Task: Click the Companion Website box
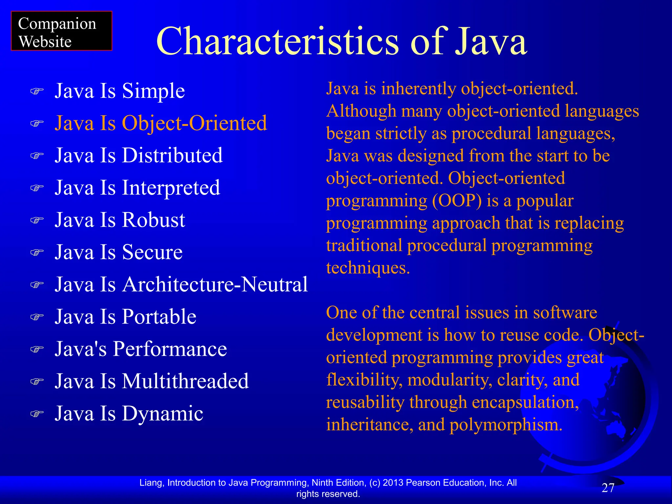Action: (x=61, y=31)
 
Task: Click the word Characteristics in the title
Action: (x=277, y=42)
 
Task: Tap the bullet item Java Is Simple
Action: (x=120, y=91)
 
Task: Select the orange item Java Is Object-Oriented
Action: (x=161, y=123)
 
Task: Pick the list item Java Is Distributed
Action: (x=139, y=155)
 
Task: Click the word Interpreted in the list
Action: (x=171, y=188)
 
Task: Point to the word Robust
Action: (x=154, y=220)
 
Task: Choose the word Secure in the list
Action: (x=152, y=252)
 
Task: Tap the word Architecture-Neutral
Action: (x=215, y=284)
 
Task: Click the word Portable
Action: (x=159, y=317)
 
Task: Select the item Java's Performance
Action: (x=141, y=349)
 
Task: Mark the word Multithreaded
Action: (x=185, y=381)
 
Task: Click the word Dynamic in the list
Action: (x=162, y=414)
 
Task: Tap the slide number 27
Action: (x=608, y=488)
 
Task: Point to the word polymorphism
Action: (x=506, y=425)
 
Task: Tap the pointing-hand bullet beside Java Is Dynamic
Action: (x=37, y=414)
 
